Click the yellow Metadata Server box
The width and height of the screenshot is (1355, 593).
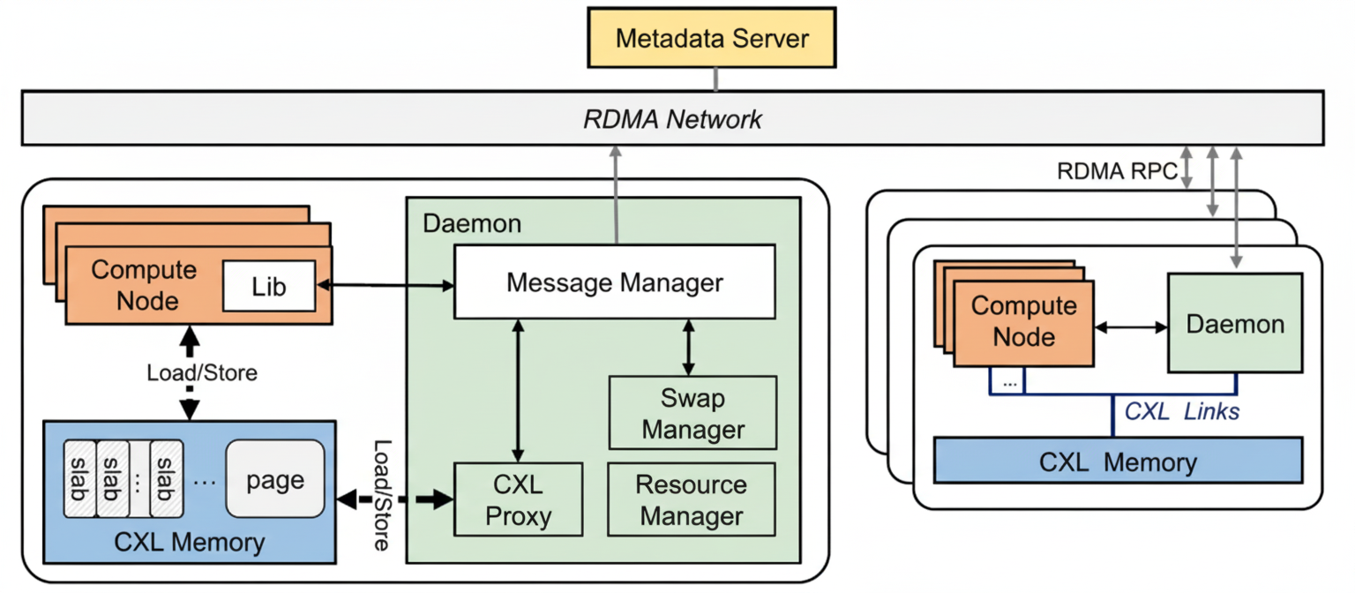tap(712, 38)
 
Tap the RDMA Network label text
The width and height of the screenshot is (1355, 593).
tap(672, 119)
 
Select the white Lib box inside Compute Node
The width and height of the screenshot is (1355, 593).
tap(269, 286)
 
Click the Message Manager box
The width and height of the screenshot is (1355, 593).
tap(614, 282)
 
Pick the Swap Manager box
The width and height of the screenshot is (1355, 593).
tap(692, 413)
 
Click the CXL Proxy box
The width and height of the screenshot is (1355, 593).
tap(518, 499)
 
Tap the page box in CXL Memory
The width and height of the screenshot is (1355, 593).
tap(275, 480)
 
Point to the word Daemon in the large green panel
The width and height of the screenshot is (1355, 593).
tap(472, 223)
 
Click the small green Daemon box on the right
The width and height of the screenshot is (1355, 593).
tap(1234, 323)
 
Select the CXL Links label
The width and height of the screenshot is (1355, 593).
tap(1181, 411)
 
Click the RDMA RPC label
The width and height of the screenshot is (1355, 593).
tap(1116, 170)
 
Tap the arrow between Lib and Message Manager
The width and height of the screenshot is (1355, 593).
tap(385, 285)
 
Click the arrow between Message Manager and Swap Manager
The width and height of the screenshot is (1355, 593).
tap(689, 347)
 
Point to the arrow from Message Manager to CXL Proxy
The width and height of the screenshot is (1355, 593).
tap(518, 389)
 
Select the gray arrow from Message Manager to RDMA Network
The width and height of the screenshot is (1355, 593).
tap(615, 194)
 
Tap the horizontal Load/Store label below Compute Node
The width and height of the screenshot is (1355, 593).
tap(202, 372)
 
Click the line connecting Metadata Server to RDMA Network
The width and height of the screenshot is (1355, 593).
tap(715, 79)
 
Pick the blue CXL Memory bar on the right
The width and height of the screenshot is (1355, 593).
tap(1117, 462)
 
